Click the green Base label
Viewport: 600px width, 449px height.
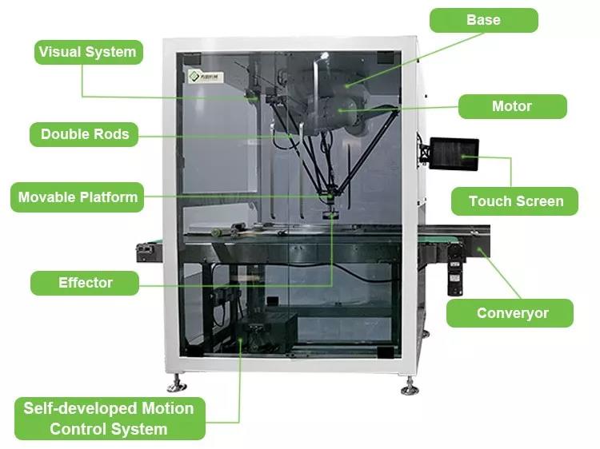pyautogui.click(x=483, y=20)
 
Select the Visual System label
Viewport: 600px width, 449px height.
pyautogui.click(x=88, y=53)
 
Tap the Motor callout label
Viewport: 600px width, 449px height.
pyautogui.click(x=512, y=106)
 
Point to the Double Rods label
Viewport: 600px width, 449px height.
pyautogui.click(x=85, y=134)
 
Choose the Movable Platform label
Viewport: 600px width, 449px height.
pyautogui.click(x=78, y=197)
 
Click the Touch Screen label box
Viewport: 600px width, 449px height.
pyautogui.click(x=515, y=201)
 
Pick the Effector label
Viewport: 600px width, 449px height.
pyautogui.click(x=85, y=283)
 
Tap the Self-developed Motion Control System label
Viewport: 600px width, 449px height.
pyautogui.click(x=109, y=419)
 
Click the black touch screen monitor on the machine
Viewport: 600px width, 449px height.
pyautogui.click(x=454, y=154)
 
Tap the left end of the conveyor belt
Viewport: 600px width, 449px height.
pyautogui.click(x=149, y=248)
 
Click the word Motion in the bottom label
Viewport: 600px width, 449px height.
pyautogui.click(x=164, y=408)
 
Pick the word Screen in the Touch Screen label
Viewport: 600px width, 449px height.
pyautogui.click(x=540, y=201)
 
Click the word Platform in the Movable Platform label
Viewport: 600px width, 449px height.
pyautogui.click(x=109, y=197)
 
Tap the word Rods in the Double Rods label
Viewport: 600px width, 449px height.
pyautogui.click(x=111, y=134)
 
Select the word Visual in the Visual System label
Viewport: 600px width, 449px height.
pyautogui.click(x=62, y=53)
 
